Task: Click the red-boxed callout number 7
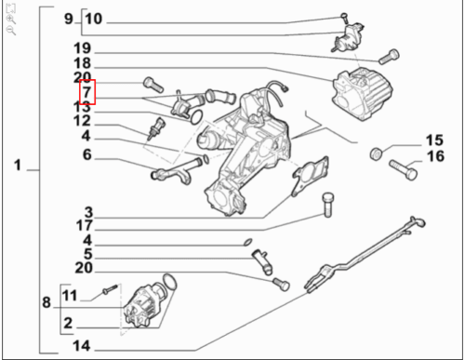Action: click(x=87, y=92)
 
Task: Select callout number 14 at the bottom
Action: click(x=81, y=345)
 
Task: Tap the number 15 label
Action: click(x=434, y=140)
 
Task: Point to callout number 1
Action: click(x=18, y=165)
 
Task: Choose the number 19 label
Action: click(x=82, y=48)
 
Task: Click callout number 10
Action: click(x=93, y=19)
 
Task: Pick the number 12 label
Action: click(x=82, y=121)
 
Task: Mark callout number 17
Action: click(x=85, y=226)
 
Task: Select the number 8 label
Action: click(x=46, y=302)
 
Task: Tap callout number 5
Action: click(x=88, y=254)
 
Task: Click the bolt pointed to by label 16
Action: click(x=403, y=169)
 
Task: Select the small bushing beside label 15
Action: click(x=377, y=153)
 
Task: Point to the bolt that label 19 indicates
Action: click(x=389, y=57)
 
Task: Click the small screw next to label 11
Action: click(x=111, y=289)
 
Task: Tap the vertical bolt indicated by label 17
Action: click(x=328, y=205)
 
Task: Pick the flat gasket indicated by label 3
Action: click(x=311, y=176)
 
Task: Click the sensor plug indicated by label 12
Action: click(x=156, y=128)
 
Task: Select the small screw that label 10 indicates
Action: click(x=344, y=18)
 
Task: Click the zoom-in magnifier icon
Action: click(x=10, y=20)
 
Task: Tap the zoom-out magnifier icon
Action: click(x=10, y=31)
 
